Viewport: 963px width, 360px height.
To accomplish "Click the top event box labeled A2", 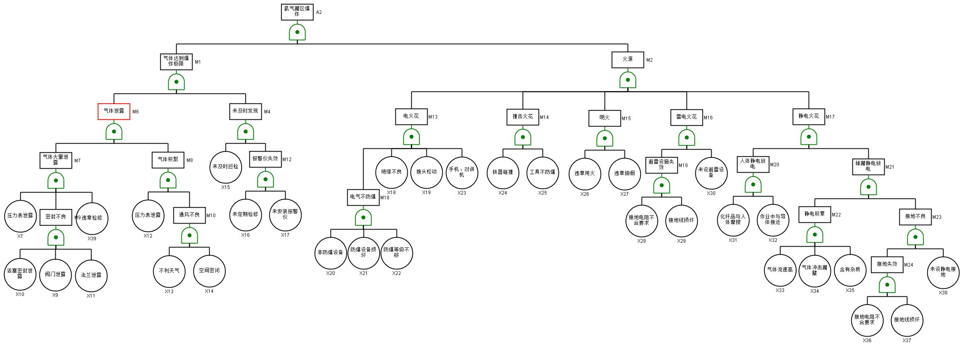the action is coord(297,12).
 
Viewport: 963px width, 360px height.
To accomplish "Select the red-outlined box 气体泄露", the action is coord(114,111).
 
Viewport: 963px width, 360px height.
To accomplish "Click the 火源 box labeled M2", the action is coord(628,60).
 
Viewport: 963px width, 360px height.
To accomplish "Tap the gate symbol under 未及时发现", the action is coord(245,132).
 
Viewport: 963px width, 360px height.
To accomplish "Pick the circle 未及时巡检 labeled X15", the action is coord(226,167).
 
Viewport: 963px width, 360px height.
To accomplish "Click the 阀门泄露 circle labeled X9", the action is coord(55,275).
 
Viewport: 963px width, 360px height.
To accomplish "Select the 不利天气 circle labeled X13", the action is coord(169,271).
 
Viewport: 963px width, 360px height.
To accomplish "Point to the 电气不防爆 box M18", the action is coord(363,197).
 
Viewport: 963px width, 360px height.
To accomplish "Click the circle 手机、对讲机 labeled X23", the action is coord(462,173).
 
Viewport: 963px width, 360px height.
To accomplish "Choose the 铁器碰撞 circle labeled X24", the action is coord(503,173).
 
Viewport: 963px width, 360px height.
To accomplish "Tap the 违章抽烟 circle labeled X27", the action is coord(624,174).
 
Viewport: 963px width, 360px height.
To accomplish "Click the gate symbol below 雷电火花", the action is coord(687,138).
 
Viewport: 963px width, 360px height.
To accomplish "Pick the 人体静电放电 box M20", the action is coord(753,164).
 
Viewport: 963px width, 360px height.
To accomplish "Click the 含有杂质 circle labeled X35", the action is coord(850,270).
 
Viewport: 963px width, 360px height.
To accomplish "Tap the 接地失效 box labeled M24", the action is coord(887,265).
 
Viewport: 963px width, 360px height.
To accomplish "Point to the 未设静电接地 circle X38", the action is coord(943,272).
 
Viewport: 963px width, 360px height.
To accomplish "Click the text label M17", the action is coord(830,117).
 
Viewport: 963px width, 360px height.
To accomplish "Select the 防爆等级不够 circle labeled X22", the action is coord(397,253).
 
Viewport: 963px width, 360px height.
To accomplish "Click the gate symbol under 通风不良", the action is coord(189,235).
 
